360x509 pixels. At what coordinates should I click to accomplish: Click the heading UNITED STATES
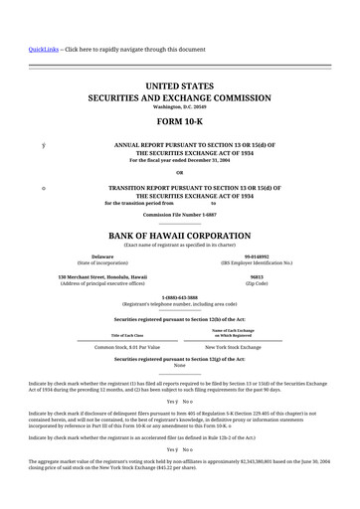click(180, 87)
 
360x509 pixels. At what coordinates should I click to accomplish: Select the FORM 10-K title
click(180, 124)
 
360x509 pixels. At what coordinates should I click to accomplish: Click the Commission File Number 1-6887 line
click(180, 215)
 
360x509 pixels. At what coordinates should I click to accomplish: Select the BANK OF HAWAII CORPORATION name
click(180, 236)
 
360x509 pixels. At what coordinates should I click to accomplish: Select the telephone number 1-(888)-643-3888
click(180, 297)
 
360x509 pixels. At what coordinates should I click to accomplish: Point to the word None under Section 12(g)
click(180, 366)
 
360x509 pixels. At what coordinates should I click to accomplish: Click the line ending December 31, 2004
click(180, 160)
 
